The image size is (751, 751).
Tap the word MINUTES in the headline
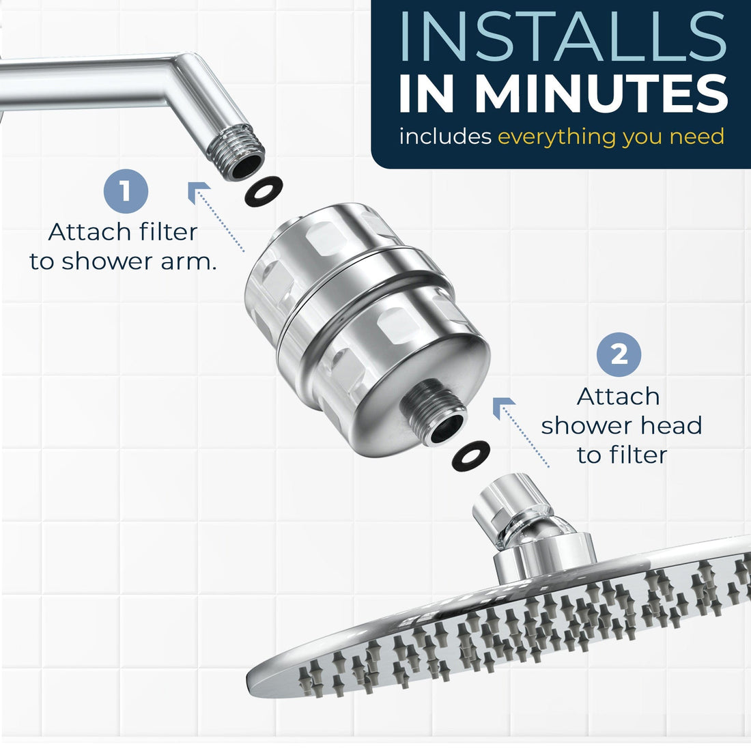coord(601,94)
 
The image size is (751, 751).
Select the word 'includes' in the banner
coord(445,137)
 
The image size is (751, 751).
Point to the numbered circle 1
coord(126,190)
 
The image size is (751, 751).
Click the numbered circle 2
coord(619,355)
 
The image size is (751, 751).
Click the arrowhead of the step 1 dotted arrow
coord(199,192)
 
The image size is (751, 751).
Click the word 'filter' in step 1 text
coord(171,232)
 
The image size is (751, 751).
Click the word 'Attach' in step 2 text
coord(618,396)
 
